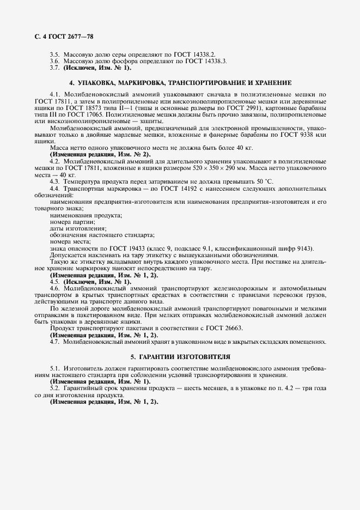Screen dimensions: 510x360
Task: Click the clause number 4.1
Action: [54, 95]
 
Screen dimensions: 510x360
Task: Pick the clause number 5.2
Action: [54, 388]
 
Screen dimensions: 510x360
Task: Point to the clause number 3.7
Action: [54, 68]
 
